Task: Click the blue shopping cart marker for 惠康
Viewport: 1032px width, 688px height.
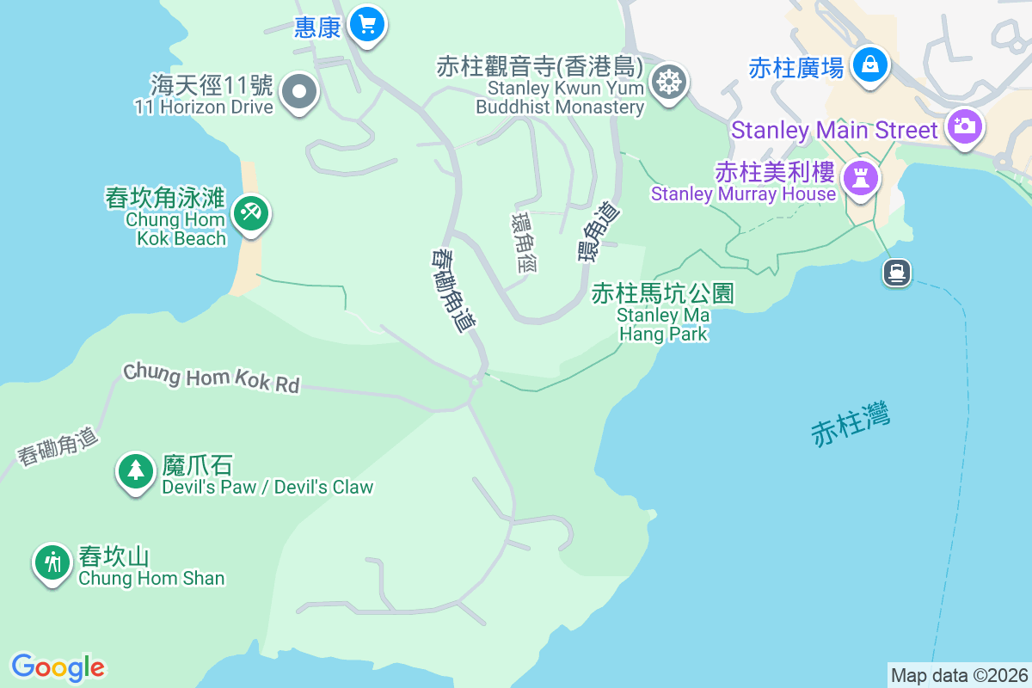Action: [368, 24]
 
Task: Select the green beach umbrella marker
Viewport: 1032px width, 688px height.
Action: [250, 211]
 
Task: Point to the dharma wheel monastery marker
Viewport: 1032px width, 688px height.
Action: [667, 82]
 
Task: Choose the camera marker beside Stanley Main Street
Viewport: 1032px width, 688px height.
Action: [963, 126]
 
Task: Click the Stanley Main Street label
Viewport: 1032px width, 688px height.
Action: [834, 131]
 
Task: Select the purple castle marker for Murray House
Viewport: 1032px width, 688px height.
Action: [858, 178]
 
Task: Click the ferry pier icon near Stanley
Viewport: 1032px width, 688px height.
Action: [896, 273]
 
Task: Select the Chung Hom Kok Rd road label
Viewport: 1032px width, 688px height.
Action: [212, 378]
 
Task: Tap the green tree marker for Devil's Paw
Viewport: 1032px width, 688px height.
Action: [135, 470]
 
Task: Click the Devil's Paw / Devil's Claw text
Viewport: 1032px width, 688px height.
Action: [267, 487]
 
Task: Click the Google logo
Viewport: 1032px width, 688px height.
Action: [58, 666]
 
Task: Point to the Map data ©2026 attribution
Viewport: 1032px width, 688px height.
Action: [959, 675]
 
